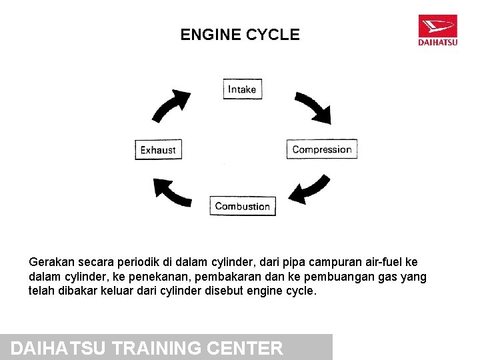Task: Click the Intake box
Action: click(x=242, y=89)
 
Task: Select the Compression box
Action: click(x=322, y=149)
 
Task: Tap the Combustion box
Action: click(x=242, y=206)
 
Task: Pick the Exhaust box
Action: click(x=158, y=150)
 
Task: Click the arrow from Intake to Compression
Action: click(x=313, y=107)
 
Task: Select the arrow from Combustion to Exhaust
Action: click(x=172, y=191)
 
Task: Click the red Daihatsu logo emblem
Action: click(x=437, y=27)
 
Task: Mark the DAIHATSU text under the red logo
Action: click(x=437, y=43)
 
